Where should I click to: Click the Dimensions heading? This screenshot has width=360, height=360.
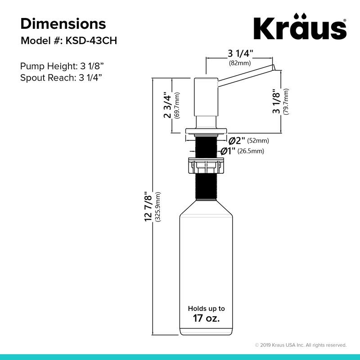63,23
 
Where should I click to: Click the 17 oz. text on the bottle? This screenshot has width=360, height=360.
206,319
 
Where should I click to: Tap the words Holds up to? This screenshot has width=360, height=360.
206,309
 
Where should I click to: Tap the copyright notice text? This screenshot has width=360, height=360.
301,345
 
